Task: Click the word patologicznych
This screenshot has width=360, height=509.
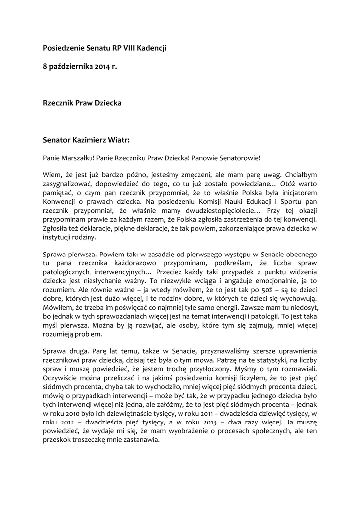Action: pos(67,272)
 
